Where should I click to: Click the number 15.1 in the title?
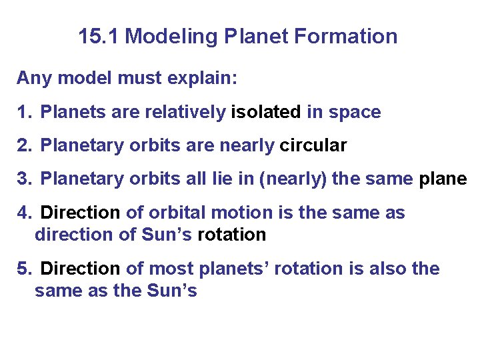point(99,36)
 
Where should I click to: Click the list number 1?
point(24,112)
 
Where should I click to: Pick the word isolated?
point(266,112)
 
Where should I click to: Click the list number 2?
point(24,145)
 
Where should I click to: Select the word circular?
point(313,145)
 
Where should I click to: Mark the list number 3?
point(24,179)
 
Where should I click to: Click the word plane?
point(443,179)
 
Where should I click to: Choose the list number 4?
point(24,213)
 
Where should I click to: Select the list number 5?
point(24,269)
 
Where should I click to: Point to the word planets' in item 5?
point(229,269)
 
